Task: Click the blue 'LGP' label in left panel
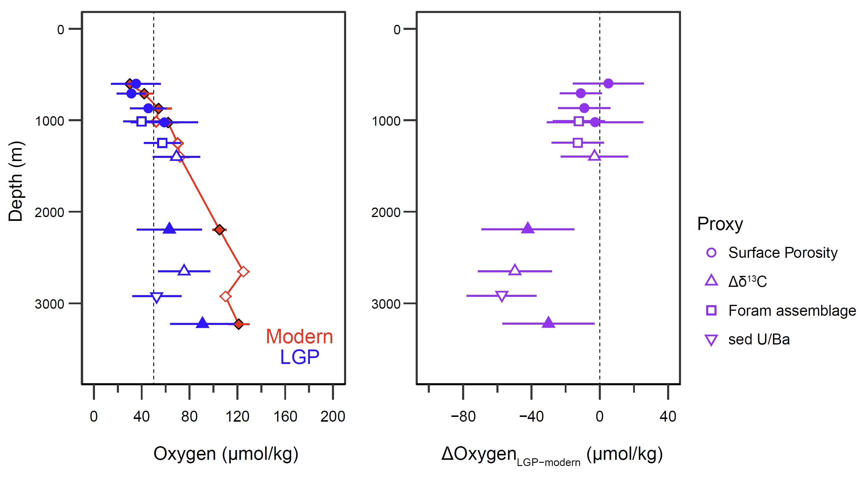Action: click(299, 357)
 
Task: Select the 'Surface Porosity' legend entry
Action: click(782, 253)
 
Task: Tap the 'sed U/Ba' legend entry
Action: click(759, 339)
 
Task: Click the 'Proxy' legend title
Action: click(720, 224)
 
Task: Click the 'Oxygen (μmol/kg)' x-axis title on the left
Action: click(226, 454)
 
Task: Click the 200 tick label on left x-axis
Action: click(333, 416)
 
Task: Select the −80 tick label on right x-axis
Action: click(463, 416)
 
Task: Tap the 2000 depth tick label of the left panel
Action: click(49, 212)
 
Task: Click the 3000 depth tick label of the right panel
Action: click(386, 304)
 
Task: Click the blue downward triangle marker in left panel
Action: click(156, 297)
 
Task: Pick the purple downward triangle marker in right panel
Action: click(502, 296)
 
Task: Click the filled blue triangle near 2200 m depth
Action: click(170, 229)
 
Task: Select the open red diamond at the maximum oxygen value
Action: click(243, 271)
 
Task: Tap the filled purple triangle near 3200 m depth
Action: click(548, 323)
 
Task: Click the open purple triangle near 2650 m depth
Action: click(515, 270)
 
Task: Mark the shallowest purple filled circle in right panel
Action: click(608, 83)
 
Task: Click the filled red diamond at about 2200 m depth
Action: click(219, 229)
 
